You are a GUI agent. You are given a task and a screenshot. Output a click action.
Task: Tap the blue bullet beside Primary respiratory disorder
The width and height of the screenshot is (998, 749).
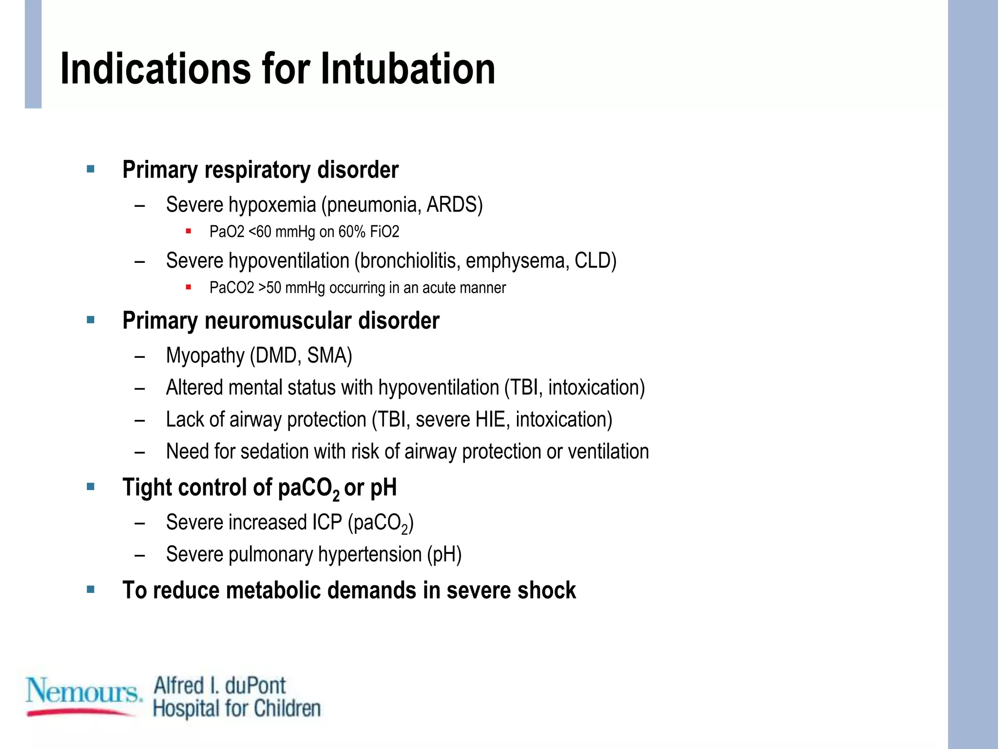coord(91,169)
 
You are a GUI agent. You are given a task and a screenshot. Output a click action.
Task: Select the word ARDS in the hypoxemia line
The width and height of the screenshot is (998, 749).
coord(452,205)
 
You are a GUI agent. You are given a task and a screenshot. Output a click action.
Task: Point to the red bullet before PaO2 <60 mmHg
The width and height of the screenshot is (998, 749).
coord(188,231)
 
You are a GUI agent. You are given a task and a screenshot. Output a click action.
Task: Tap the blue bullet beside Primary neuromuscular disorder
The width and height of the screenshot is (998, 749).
coord(91,320)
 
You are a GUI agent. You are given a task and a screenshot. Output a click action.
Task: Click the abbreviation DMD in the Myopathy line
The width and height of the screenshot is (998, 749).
coord(276,355)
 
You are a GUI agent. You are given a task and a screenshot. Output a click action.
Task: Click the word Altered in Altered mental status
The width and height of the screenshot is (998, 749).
coord(194,388)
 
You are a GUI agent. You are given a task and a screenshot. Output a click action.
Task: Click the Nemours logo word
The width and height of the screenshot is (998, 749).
coord(83,691)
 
